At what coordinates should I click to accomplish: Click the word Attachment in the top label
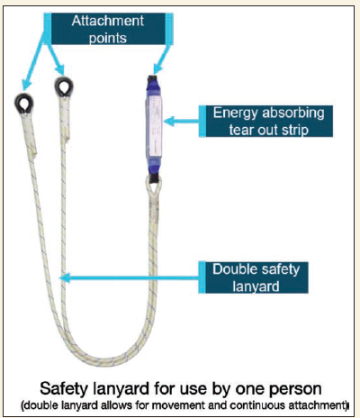coord(108,21)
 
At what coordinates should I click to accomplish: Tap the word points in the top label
coord(108,39)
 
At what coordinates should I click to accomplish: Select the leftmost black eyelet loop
coord(24,104)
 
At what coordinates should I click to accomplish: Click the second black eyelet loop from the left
coord(64,87)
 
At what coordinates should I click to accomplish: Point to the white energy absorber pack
coord(154,129)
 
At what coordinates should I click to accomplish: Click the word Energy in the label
coord(235,114)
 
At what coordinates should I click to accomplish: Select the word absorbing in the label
coord(293,114)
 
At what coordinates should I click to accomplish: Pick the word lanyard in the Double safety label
coord(256,286)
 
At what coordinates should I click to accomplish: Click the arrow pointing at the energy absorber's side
coord(182,122)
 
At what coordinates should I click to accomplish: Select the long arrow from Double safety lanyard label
coord(130,277)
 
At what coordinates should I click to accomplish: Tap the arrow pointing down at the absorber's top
coord(162,59)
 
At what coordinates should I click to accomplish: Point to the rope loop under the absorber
coord(154,186)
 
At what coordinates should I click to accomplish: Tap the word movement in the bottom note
coord(178,405)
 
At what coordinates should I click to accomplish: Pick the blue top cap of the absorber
coord(154,86)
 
